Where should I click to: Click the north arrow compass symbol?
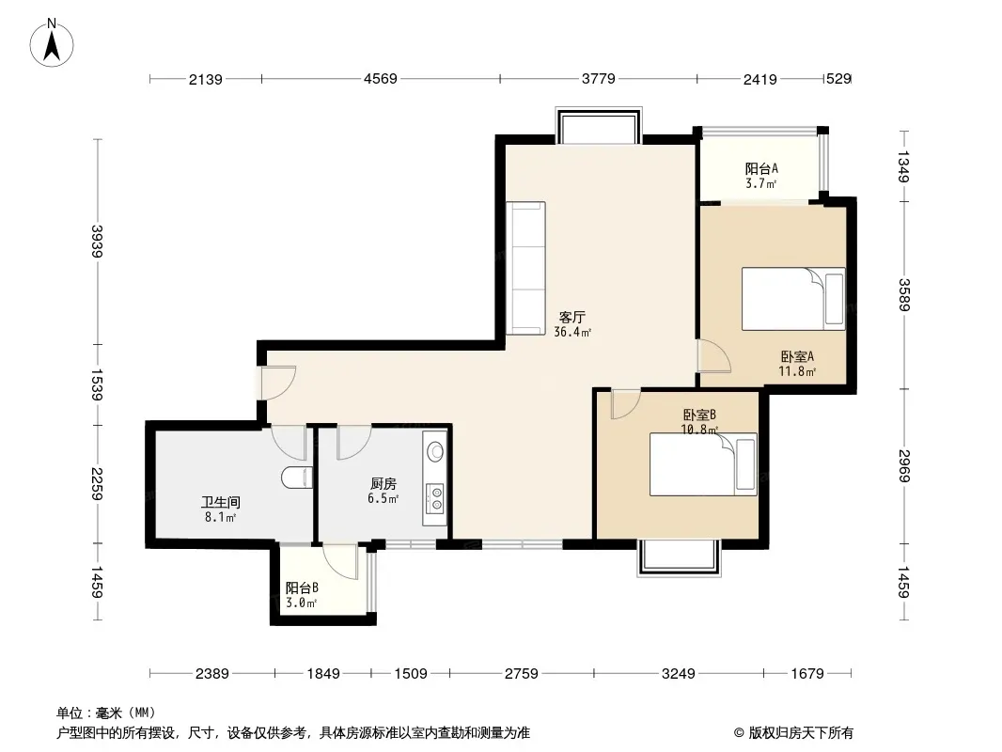coord(52,42)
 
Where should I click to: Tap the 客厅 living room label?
coord(571,317)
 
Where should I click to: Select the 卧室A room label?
coord(797,356)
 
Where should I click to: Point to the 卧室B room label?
coord(699,415)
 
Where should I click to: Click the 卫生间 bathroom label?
coord(221,503)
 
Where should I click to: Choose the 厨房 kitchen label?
coord(383,484)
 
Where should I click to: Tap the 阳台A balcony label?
coord(761,168)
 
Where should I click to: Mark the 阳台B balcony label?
coord(302,587)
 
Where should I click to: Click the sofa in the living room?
coord(526,268)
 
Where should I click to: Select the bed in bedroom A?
coord(793,299)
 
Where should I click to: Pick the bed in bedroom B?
coord(703,464)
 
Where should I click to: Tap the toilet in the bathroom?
coord(296,478)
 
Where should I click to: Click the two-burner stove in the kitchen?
coord(436,498)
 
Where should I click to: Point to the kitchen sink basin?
coord(435,452)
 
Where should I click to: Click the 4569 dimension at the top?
coord(381,79)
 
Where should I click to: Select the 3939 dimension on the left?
coord(97,242)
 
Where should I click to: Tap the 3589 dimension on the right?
coord(903,295)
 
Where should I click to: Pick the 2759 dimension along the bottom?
coord(522,673)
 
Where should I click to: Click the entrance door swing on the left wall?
coord(278,382)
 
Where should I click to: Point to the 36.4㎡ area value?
coord(571,332)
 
